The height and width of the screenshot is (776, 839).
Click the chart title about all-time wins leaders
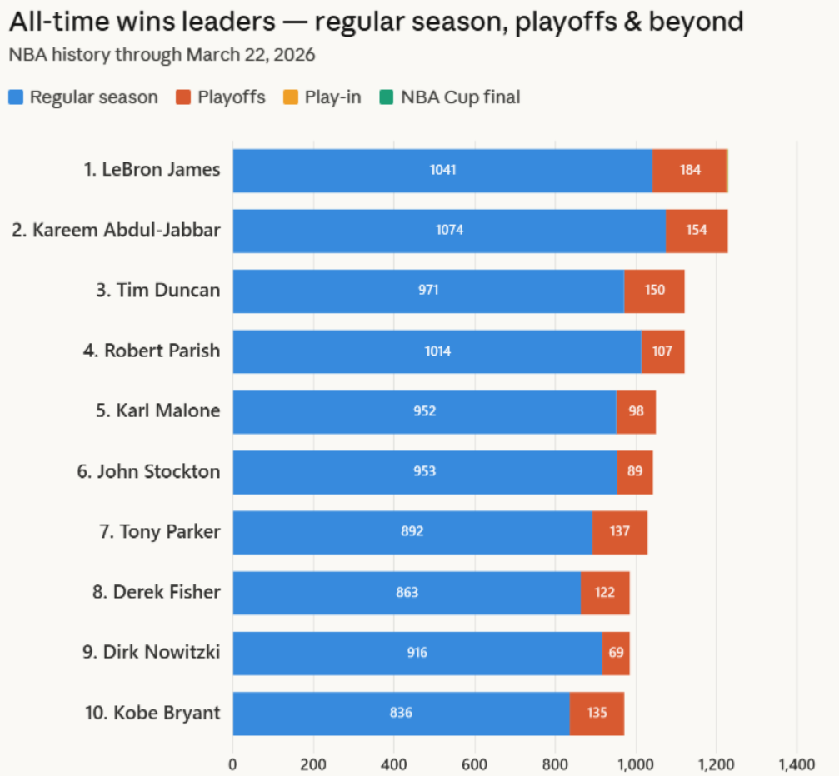(x=376, y=22)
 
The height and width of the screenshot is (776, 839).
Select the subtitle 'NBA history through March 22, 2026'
(x=162, y=56)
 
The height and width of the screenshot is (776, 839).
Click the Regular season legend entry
(x=83, y=97)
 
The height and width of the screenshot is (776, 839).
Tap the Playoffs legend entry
(x=221, y=97)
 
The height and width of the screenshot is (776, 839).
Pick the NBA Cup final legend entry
(x=450, y=97)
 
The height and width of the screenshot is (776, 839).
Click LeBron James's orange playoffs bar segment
(x=689, y=171)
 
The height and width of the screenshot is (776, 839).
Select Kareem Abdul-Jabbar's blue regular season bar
(x=449, y=231)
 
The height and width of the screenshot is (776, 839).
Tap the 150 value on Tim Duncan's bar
(x=654, y=291)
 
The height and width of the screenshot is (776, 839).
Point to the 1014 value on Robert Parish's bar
(x=437, y=351)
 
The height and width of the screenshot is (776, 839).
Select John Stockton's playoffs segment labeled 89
(x=634, y=472)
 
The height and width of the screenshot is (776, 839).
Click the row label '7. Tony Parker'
(x=159, y=532)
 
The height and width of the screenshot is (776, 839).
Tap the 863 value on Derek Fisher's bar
(x=407, y=593)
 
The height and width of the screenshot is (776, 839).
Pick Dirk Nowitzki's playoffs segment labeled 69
(x=616, y=653)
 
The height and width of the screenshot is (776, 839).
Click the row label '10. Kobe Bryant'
(x=152, y=714)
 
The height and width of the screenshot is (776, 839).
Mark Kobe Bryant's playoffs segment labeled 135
(x=597, y=714)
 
